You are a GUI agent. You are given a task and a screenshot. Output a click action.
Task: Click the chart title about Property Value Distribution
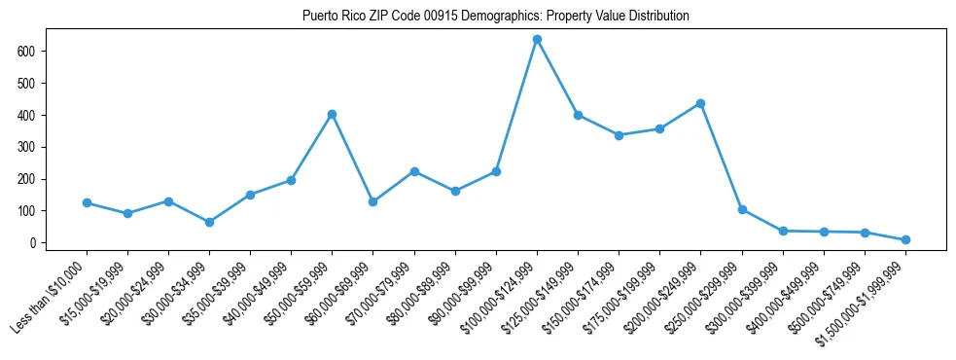click(496, 16)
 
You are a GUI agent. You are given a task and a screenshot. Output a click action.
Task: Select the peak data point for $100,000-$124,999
click(537, 39)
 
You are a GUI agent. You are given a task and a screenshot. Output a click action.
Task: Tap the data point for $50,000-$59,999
click(332, 114)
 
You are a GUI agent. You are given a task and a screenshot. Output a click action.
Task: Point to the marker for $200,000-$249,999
click(700, 103)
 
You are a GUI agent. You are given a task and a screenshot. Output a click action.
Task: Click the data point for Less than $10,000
click(87, 202)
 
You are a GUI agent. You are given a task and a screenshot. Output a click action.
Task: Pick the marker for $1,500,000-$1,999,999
click(905, 239)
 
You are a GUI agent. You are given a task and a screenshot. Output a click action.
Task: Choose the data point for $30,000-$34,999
click(209, 222)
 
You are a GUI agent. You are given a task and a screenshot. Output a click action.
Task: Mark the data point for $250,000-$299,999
click(742, 209)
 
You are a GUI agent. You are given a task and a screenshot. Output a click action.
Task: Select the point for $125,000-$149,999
click(578, 115)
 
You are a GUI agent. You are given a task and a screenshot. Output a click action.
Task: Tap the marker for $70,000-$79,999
click(414, 171)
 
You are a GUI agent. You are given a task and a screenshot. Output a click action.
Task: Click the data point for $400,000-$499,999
click(824, 232)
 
